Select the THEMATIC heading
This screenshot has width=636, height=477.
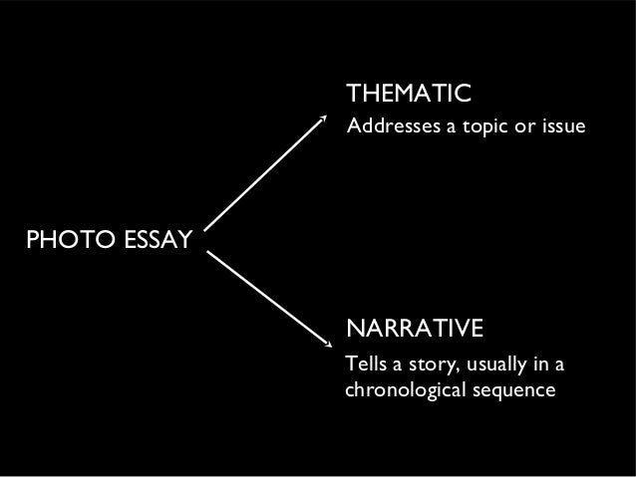408,95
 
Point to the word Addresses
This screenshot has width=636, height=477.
386,129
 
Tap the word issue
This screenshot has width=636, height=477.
561,129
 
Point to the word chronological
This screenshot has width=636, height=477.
400,388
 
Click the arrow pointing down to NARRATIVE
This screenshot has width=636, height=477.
267,298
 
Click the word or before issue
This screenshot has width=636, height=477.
527,129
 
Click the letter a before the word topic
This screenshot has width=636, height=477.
449,130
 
